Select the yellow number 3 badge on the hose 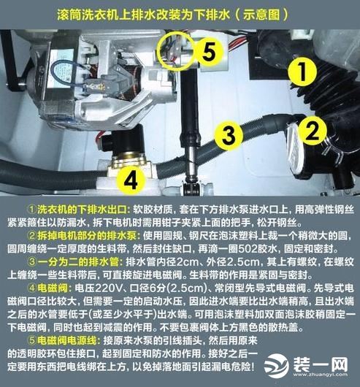point(229,134)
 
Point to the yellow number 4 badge point(129,177)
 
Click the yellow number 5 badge point(207,52)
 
